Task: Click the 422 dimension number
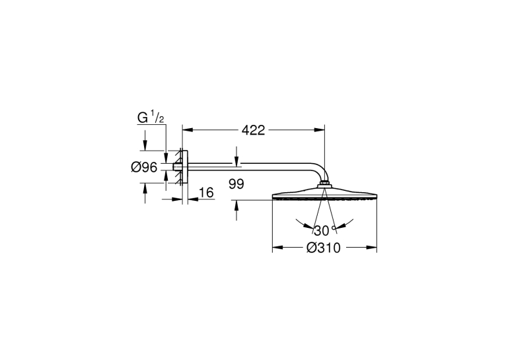[253, 130]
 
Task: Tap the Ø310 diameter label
[323, 248]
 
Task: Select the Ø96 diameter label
[144, 167]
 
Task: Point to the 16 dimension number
[206, 193]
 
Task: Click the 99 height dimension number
[236, 184]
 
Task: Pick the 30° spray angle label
[324, 231]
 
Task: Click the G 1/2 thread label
[151, 118]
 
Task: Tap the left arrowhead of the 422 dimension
[188, 130]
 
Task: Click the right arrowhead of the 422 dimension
[320, 130]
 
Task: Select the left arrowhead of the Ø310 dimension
[278, 248]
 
